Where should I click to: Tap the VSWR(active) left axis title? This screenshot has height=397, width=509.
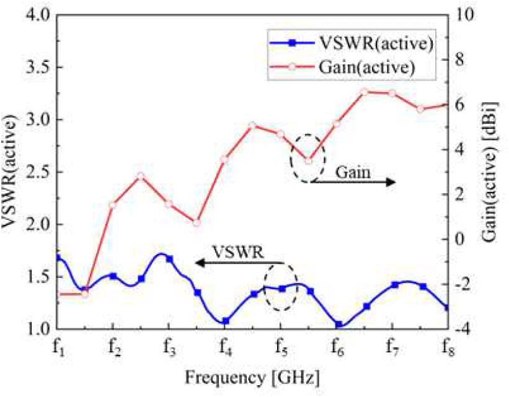coord(12,172)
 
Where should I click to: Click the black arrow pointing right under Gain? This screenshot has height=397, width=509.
coord(353,182)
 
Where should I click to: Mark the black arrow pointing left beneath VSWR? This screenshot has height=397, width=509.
coord(239,263)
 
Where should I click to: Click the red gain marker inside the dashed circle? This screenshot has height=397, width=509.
coord(309,160)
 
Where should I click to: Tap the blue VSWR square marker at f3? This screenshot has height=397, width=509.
coord(169,259)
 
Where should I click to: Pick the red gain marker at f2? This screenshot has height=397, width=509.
coord(113,205)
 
